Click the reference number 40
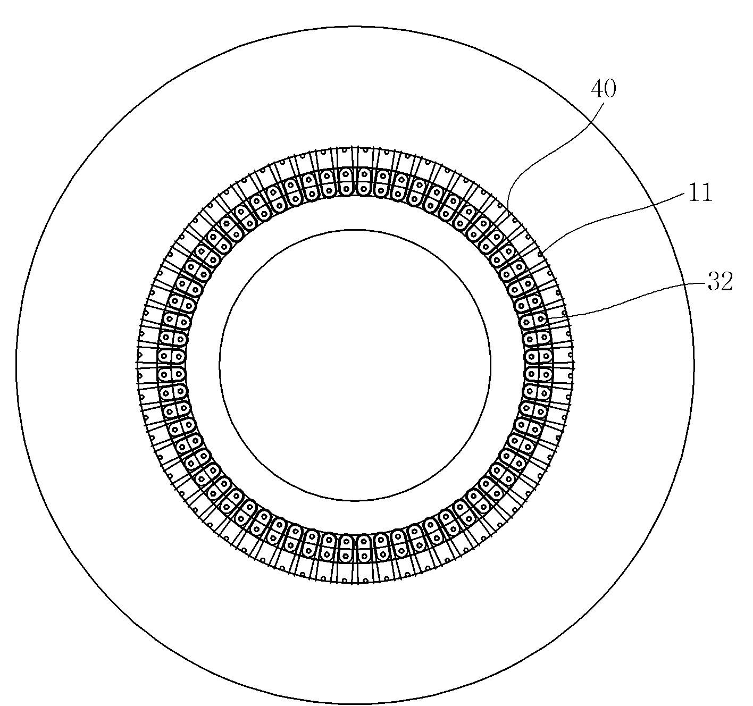click(x=604, y=89)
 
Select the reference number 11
click(x=700, y=192)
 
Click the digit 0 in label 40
click(x=610, y=89)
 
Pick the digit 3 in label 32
click(x=714, y=282)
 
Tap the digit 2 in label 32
click(x=727, y=282)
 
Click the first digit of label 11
click(x=694, y=192)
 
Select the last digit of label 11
click(x=707, y=192)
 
